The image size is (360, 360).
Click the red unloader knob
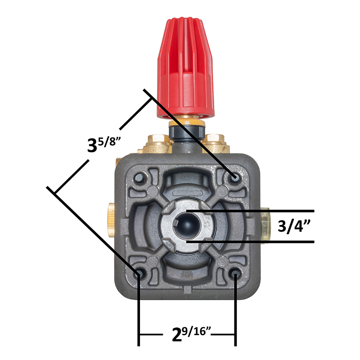click(185, 68)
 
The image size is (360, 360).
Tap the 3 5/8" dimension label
click(104, 144)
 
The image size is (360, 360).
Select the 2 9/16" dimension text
click(191, 333)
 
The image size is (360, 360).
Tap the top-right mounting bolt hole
click(234, 177)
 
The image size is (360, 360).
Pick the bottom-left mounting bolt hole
click(139, 273)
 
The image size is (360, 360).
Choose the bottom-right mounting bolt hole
click(235, 274)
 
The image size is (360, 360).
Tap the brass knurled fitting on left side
click(112, 220)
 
